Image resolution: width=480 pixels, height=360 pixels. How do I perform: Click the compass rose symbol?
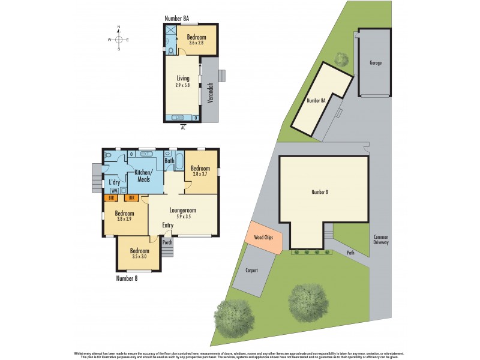pyautogui.click(x=119, y=40)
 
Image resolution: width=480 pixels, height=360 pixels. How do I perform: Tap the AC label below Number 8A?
pyautogui.click(x=184, y=127)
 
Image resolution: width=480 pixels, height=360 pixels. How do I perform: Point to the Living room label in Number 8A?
pyautogui.click(x=183, y=79)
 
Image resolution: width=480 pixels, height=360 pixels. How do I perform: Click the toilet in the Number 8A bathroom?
pyautogui.click(x=171, y=51)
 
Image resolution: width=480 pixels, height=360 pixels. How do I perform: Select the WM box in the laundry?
pyautogui.click(x=114, y=190)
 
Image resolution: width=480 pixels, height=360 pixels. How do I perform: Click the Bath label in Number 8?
pyautogui.click(x=170, y=161)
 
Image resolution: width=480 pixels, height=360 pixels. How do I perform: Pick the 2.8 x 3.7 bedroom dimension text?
pyautogui.click(x=200, y=175)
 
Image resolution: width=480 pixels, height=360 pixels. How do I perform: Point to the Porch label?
pyautogui.click(x=167, y=242)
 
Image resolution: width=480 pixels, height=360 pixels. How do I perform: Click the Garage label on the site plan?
pyautogui.click(x=376, y=63)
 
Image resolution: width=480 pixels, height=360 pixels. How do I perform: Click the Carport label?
pyautogui.click(x=251, y=270)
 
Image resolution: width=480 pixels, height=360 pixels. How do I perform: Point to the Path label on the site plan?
pyautogui.click(x=350, y=253)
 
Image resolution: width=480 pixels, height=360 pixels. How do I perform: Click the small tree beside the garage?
pyautogui.click(x=341, y=59)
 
